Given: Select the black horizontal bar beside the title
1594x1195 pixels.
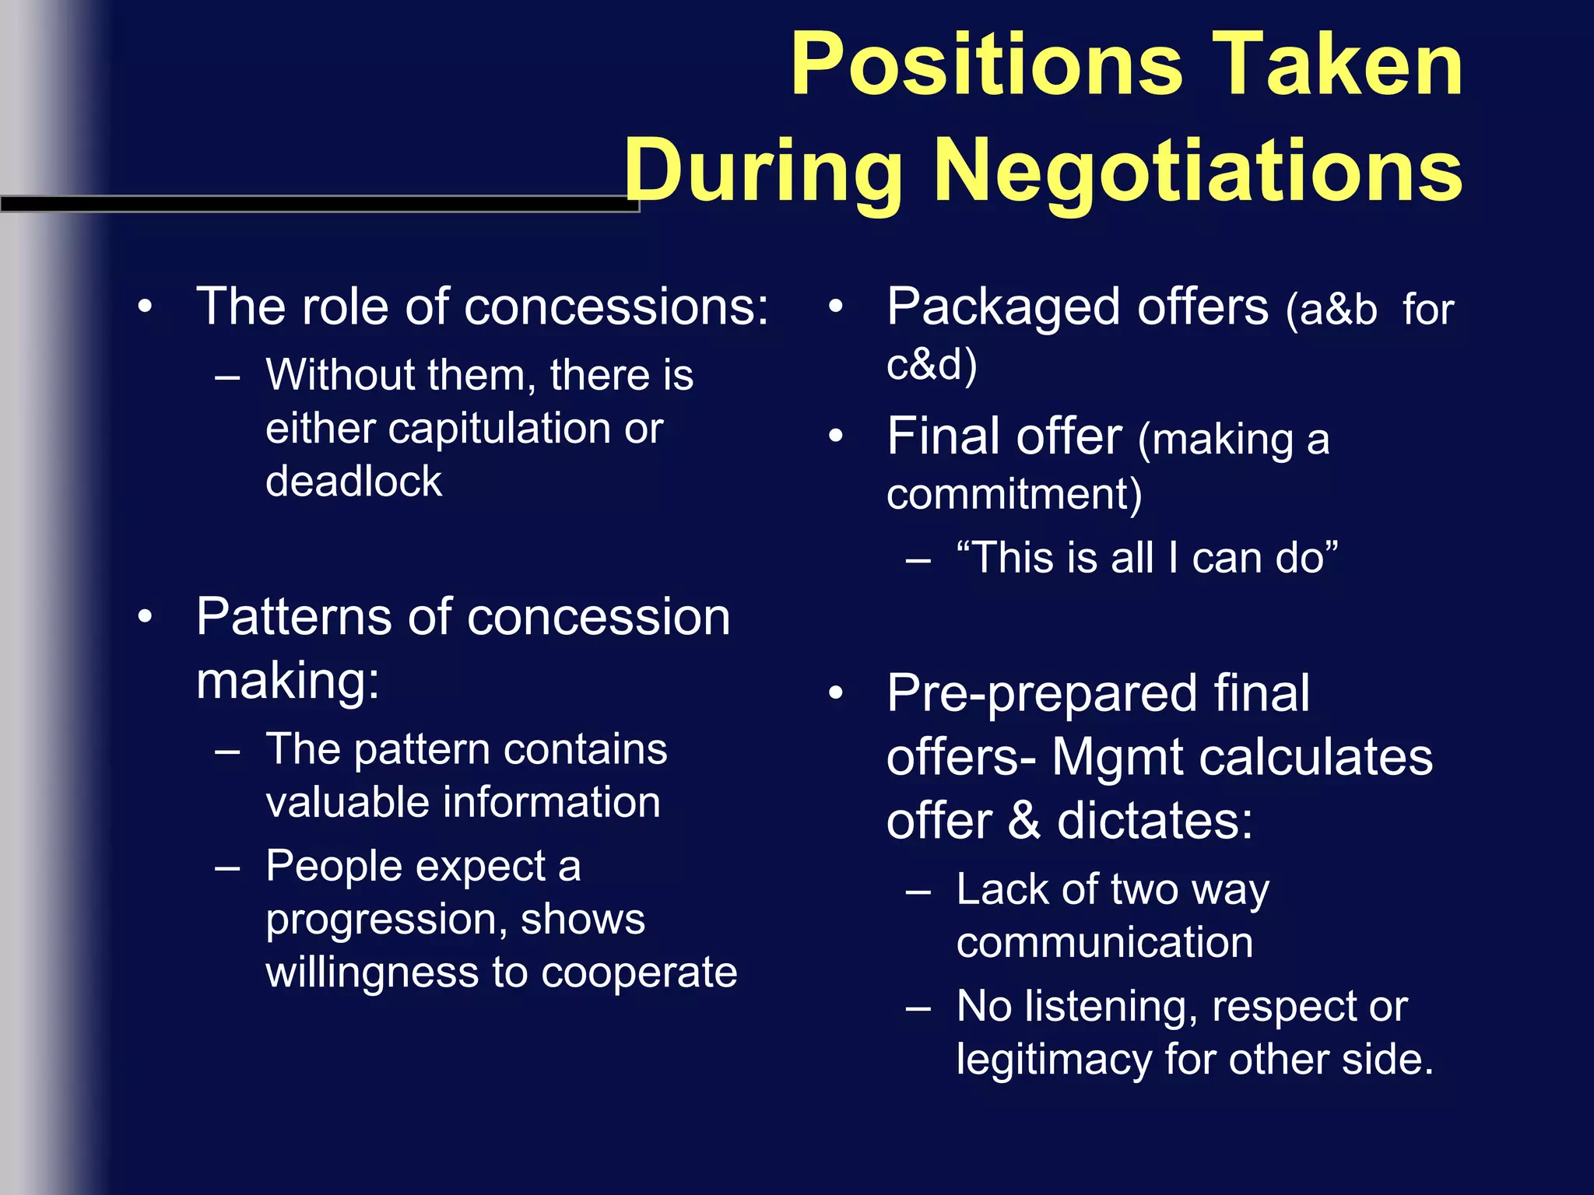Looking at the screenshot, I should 319,204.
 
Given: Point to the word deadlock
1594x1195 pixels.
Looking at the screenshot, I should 353,482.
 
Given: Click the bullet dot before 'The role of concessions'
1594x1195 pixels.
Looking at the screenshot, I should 145,307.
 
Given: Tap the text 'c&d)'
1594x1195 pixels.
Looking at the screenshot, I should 932,364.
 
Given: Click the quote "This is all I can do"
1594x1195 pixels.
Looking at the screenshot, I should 1146,558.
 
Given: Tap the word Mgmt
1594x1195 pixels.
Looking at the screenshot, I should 1118,758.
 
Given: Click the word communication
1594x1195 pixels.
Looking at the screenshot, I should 1104,943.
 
